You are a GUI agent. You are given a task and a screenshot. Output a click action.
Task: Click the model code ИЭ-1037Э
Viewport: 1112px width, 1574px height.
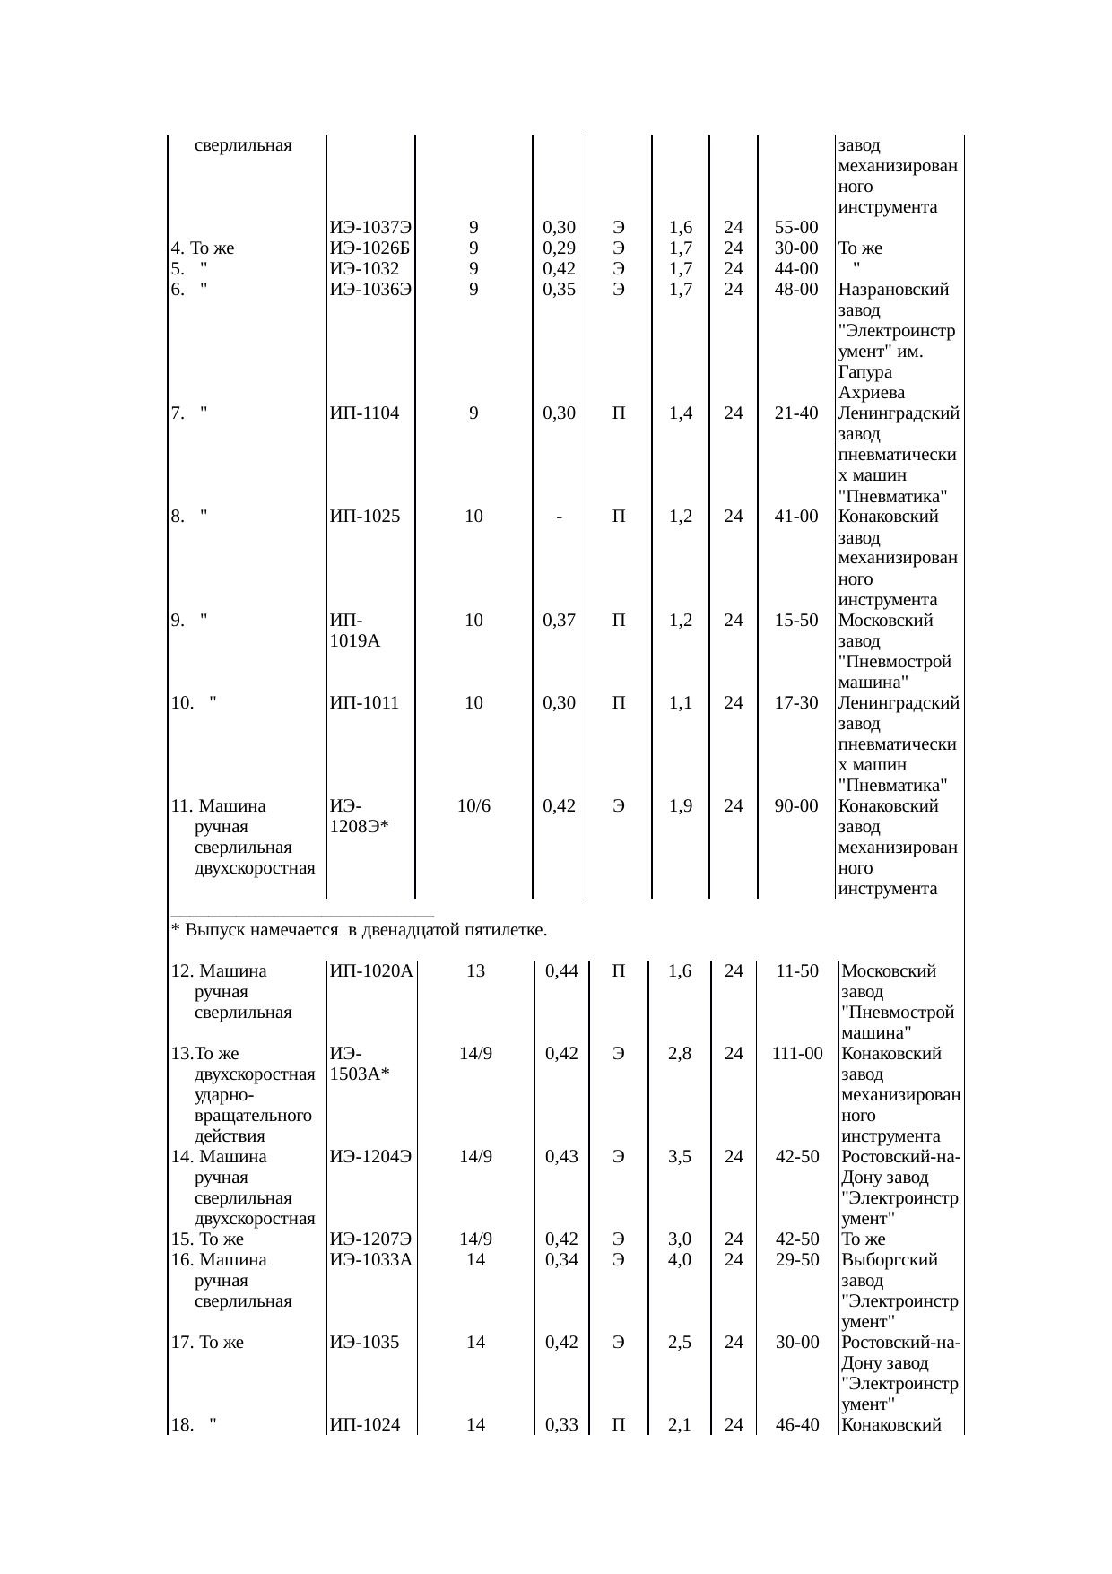[370, 228]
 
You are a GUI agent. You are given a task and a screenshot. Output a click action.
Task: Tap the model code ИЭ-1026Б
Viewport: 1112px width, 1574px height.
[370, 248]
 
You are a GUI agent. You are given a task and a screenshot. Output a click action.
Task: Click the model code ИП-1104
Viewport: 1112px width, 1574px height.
[364, 413]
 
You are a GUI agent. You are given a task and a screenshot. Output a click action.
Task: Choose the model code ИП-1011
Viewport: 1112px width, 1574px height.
[364, 703]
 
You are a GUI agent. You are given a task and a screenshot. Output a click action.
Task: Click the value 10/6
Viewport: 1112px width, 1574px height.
[473, 806]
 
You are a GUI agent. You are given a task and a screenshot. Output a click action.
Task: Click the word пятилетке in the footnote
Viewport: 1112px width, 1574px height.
[504, 930]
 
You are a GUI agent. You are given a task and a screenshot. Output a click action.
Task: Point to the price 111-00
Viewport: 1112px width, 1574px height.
[797, 1054]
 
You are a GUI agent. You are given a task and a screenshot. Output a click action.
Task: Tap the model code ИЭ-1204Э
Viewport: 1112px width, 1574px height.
[370, 1157]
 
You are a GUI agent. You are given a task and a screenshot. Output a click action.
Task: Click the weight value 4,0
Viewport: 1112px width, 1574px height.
[679, 1260]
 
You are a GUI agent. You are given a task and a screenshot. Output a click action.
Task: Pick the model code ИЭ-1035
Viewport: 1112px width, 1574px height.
[364, 1343]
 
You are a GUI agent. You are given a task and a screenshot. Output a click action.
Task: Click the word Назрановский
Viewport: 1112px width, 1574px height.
[894, 290]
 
